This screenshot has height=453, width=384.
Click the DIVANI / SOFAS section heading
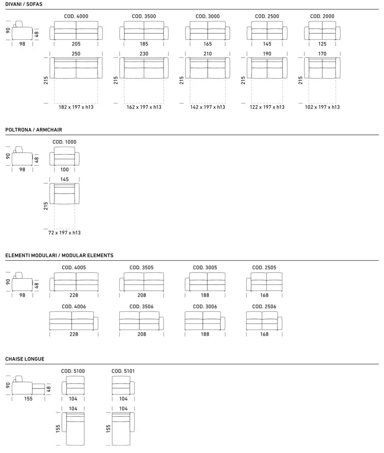pyautogui.click(x=24, y=4)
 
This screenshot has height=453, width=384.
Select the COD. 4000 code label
pyautogui.click(x=76, y=16)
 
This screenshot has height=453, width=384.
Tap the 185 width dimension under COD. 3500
pyautogui.click(x=144, y=44)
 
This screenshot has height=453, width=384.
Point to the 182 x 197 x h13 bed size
pyautogui.click(x=76, y=107)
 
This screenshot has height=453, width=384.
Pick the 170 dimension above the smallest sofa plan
pyautogui.click(x=322, y=54)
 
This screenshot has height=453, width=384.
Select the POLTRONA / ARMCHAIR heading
pyautogui.click(x=34, y=130)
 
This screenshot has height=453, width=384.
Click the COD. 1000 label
pyautogui.click(x=65, y=142)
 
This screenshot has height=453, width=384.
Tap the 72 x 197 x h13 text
pyautogui.click(x=65, y=233)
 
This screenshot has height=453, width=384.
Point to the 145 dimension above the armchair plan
pyautogui.click(x=65, y=179)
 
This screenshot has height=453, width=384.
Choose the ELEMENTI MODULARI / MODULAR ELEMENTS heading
pyautogui.click(x=59, y=256)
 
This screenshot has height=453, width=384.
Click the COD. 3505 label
pyautogui.click(x=141, y=268)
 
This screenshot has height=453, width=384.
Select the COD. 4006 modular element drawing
pyautogui.click(x=74, y=320)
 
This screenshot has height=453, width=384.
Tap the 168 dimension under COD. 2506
pyautogui.click(x=264, y=334)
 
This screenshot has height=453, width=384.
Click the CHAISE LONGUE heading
pyautogui.click(x=25, y=359)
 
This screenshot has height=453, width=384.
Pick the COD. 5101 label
pyautogui.click(x=123, y=371)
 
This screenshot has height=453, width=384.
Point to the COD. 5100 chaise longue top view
pyautogui.click(x=73, y=428)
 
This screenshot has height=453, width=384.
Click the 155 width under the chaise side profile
pyautogui.click(x=28, y=399)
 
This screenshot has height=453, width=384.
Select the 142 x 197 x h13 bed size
pyautogui.click(x=207, y=107)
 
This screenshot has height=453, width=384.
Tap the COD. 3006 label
pyautogui.click(x=205, y=306)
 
